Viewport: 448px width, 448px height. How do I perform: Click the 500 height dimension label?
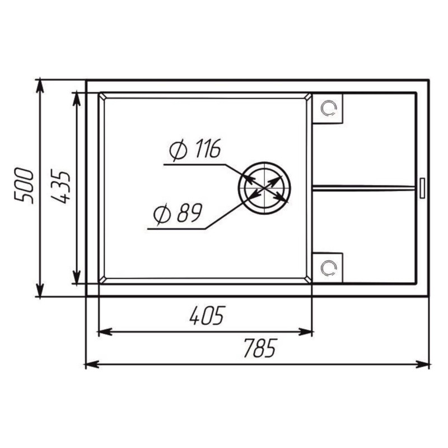point(24,186)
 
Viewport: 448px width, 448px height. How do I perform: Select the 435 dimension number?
point(60,186)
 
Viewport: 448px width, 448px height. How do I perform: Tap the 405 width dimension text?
point(208,315)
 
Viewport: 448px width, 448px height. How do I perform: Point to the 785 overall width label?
point(260,348)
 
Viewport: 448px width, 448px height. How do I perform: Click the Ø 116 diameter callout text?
point(195,149)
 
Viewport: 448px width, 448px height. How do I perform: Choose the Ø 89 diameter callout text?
point(178,213)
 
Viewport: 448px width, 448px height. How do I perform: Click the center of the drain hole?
point(264,188)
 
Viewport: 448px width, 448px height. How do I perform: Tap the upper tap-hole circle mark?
point(329,108)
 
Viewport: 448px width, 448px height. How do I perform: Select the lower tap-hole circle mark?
point(329,268)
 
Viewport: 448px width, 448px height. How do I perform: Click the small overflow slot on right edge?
point(422,188)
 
